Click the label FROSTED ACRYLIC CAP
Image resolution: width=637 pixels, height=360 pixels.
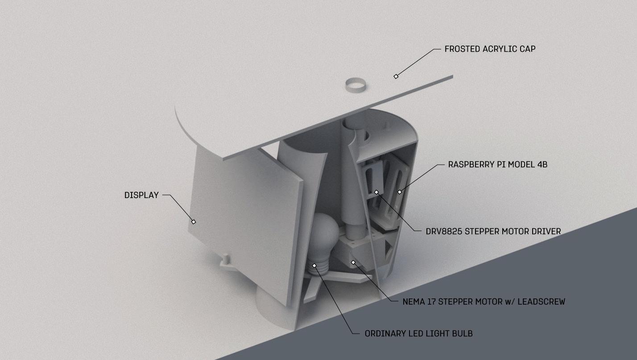(x=489, y=49)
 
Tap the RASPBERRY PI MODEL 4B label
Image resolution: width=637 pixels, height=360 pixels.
(x=497, y=165)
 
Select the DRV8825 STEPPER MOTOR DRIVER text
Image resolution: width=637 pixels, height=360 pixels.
(x=493, y=232)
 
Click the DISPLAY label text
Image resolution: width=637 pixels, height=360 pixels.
(x=141, y=195)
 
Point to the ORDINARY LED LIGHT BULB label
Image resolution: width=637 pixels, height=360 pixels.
(x=418, y=334)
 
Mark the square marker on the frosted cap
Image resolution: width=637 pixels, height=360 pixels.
(x=396, y=77)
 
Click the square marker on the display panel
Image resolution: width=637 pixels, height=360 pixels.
(x=194, y=222)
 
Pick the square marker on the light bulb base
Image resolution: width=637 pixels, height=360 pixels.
(x=314, y=265)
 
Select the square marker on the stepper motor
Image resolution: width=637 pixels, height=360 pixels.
(x=353, y=262)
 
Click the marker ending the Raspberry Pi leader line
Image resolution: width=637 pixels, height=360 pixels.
(x=400, y=192)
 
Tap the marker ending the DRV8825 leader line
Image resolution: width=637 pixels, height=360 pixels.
(x=376, y=192)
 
